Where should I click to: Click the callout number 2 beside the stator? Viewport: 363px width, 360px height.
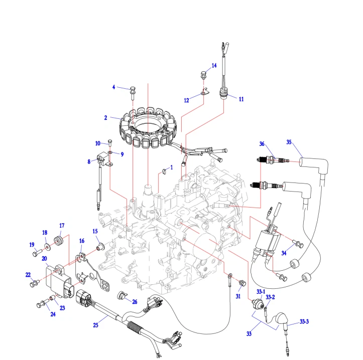coord(106,118)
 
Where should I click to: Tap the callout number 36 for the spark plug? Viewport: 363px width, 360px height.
coord(262,144)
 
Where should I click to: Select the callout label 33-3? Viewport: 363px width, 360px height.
coord(304,321)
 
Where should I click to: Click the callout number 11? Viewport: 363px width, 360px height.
coord(241,99)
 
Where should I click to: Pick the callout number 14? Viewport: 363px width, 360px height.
coord(214,66)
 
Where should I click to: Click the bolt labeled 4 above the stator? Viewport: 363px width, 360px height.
coord(133,91)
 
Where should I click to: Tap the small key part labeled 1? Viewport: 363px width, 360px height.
coord(164,172)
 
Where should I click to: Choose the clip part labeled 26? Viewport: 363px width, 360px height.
coord(122,295)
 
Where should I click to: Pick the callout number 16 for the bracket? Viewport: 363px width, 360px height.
coord(82,241)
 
